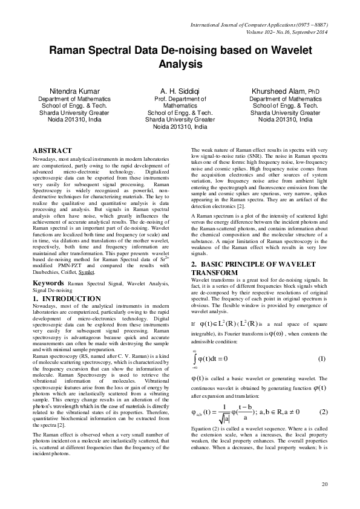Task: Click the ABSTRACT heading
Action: point(53,151)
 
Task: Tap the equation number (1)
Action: point(322,359)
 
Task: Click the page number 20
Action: point(324,484)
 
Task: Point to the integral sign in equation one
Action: point(195,359)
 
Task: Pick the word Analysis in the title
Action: point(180,63)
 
